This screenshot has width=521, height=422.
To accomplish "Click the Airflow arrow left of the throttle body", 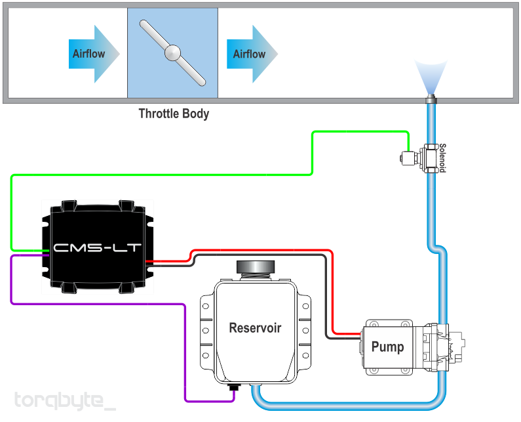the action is (x=94, y=54).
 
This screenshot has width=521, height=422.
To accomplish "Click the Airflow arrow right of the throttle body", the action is (x=252, y=54).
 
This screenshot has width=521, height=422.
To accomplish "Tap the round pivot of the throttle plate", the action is (x=173, y=53).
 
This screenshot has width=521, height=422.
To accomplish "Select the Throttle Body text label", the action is (x=174, y=114).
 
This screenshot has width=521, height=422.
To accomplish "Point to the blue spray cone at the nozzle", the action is (x=431, y=77).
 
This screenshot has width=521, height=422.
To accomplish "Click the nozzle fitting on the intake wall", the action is (x=431, y=99).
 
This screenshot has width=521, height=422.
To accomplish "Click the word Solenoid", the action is (x=442, y=158).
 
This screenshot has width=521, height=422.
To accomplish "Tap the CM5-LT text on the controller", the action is (x=97, y=248).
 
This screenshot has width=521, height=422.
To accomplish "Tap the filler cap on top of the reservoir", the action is (x=256, y=267).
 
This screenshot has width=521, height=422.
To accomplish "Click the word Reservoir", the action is (x=255, y=327).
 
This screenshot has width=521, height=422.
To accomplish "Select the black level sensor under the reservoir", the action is (x=235, y=387).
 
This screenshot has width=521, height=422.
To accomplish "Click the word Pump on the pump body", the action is (x=387, y=347).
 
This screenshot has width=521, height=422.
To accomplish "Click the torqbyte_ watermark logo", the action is (x=65, y=400).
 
